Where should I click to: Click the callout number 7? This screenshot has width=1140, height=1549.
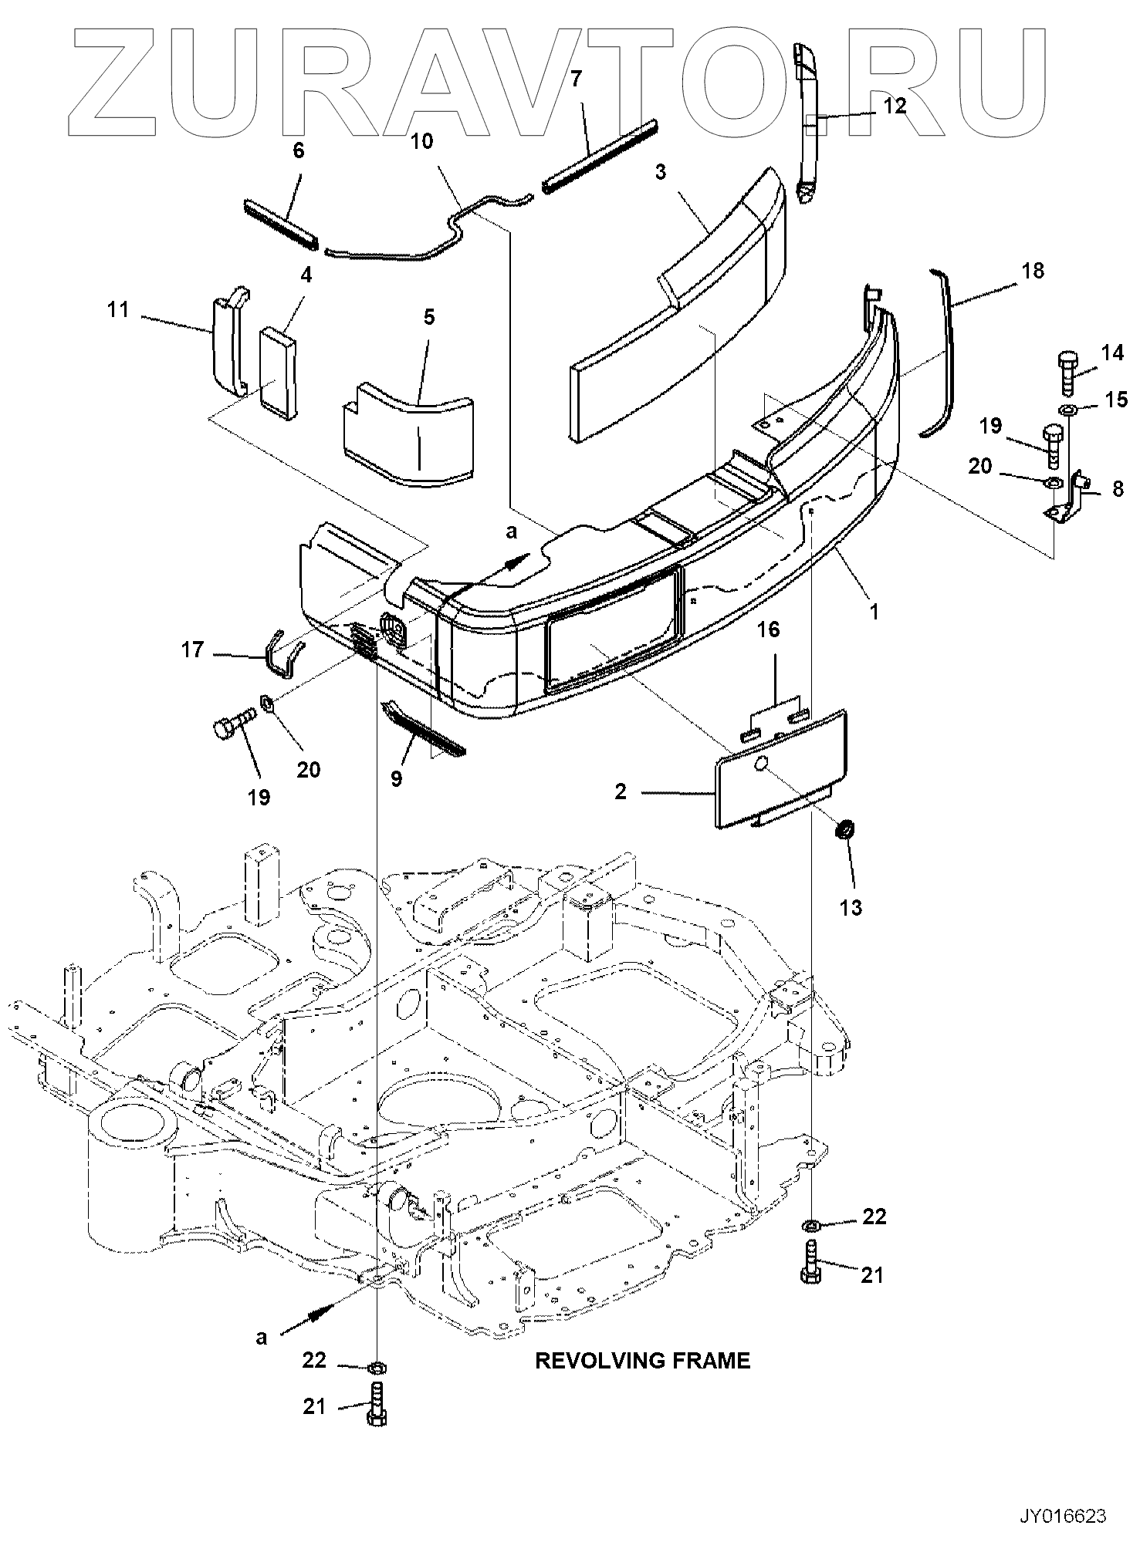(577, 78)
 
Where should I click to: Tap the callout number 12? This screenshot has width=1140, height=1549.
(894, 106)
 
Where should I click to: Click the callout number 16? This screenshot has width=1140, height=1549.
(768, 630)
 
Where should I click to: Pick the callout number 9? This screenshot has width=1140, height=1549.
(396, 779)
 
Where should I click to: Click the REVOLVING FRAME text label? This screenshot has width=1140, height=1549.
(642, 1360)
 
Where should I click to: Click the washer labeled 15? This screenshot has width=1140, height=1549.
(1068, 408)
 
